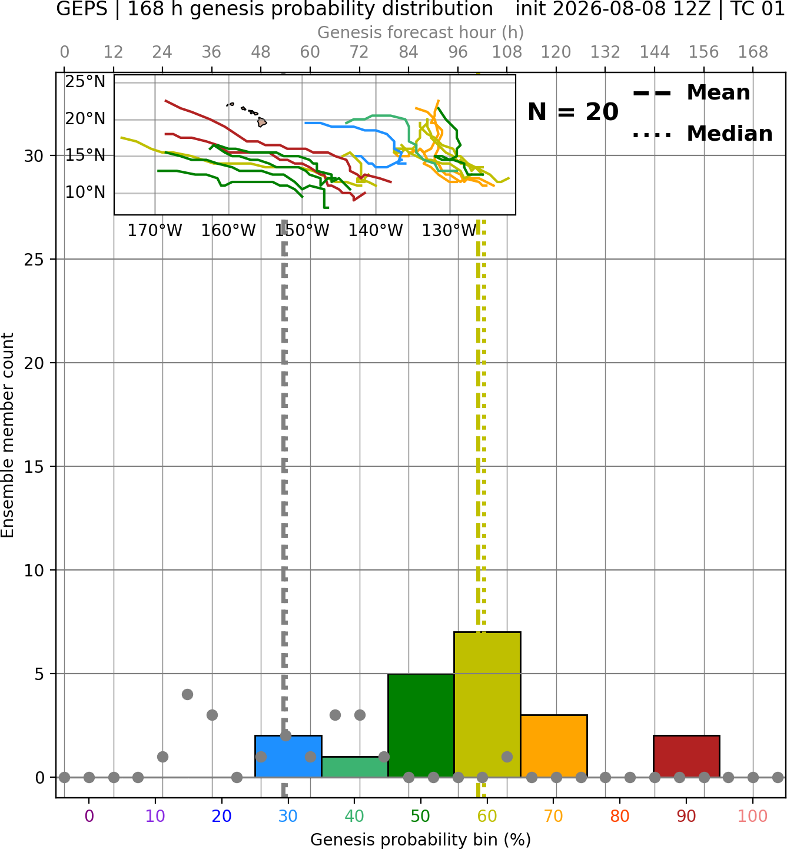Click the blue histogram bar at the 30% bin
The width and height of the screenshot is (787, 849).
click(288, 756)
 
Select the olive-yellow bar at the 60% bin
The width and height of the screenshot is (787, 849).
click(487, 704)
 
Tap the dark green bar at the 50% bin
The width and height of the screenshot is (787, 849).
click(421, 725)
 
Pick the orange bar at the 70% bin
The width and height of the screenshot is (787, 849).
click(554, 746)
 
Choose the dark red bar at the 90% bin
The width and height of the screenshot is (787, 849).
click(686, 756)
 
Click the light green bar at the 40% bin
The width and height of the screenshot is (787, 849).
click(355, 767)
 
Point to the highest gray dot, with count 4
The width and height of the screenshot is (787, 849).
click(187, 694)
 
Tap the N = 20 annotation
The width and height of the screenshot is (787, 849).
click(573, 112)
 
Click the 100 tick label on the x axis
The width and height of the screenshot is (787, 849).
click(753, 816)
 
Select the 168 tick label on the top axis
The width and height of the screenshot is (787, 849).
click(753, 52)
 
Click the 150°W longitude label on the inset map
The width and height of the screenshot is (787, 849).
click(302, 231)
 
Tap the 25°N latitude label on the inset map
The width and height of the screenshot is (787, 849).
click(85, 81)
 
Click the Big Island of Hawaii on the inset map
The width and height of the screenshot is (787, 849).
click(261, 122)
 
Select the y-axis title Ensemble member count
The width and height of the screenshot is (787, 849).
click(7, 435)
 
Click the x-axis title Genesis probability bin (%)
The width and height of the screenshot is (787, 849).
click(421, 840)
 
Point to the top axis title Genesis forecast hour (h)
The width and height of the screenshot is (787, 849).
click(421, 32)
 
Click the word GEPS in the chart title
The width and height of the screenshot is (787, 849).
click(82, 9)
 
